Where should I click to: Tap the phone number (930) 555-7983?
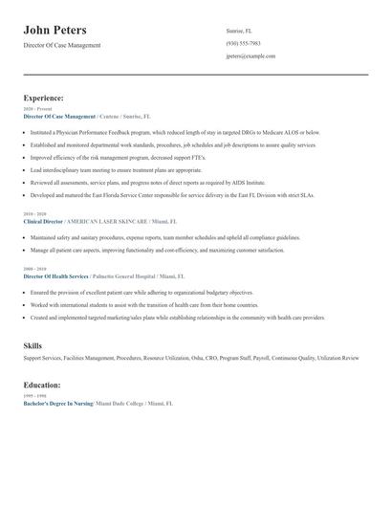click(243, 43)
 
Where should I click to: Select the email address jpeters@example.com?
click(250, 56)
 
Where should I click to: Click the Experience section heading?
click(44, 98)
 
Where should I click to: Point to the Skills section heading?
click(33, 344)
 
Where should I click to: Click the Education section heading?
click(42, 385)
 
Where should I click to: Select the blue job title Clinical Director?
click(43, 221)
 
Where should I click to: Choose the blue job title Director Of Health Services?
click(56, 276)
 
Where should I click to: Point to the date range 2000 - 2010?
click(33, 269)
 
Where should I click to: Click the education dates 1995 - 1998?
click(33, 396)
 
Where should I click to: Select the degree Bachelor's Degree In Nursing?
click(57, 404)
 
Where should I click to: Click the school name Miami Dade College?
click(120, 404)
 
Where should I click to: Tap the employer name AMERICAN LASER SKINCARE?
click(106, 221)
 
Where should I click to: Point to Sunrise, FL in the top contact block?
click(239, 31)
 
